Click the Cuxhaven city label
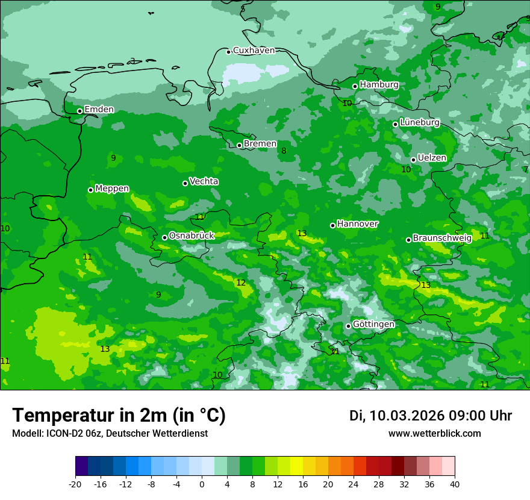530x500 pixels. pyautogui.click(x=254, y=51)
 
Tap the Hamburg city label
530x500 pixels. pyautogui.click(x=379, y=85)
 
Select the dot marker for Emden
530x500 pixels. pyautogui.click(x=79, y=111)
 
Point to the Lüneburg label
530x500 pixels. pyautogui.click(x=419, y=122)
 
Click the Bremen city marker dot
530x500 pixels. pyautogui.click(x=239, y=145)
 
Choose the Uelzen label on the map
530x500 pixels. pyautogui.click(x=432, y=158)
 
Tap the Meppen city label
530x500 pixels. pyautogui.click(x=112, y=189)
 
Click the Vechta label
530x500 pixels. pyautogui.click(x=204, y=181)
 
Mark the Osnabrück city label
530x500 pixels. pyautogui.click(x=192, y=236)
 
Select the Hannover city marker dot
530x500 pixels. pyautogui.click(x=332, y=225)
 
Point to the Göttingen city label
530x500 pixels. pyautogui.click(x=373, y=324)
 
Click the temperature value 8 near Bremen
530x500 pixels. pyautogui.click(x=284, y=151)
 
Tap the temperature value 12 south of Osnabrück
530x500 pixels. pyautogui.click(x=241, y=283)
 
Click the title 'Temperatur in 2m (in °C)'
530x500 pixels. pyautogui.click(x=119, y=415)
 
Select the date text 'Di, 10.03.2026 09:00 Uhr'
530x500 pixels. pyautogui.click(x=431, y=416)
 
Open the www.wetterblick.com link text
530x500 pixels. pyautogui.click(x=434, y=433)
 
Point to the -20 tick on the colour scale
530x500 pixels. pyautogui.click(x=75, y=484)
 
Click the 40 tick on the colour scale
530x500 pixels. pyautogui.click(x=455, y=484)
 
